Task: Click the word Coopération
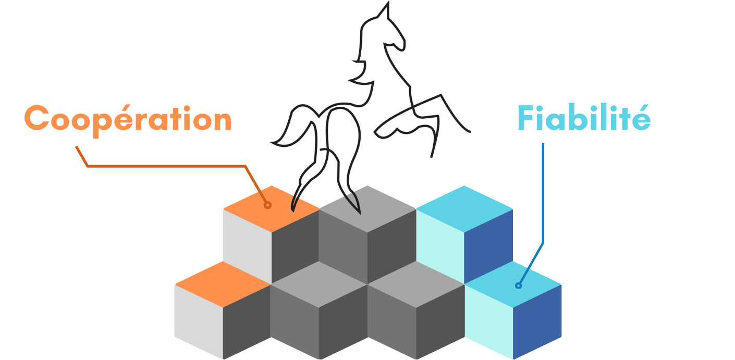tap(128, 119)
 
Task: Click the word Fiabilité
tap(583, 118)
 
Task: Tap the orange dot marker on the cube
tap(267, 205)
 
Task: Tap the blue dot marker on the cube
tap(518, 285)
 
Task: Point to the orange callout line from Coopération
tap(167, 166)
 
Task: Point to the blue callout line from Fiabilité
tap(543, 198)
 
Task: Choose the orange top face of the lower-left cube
tap(223, 284)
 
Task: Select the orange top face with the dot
tap(271, 208)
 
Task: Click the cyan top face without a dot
tap(464, 208)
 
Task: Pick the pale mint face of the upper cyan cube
tap(439, 245)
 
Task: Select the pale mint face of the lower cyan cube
tap(488, 320)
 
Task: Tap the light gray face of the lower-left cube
tap(198, 320)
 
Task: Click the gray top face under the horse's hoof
tap(367, 208)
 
